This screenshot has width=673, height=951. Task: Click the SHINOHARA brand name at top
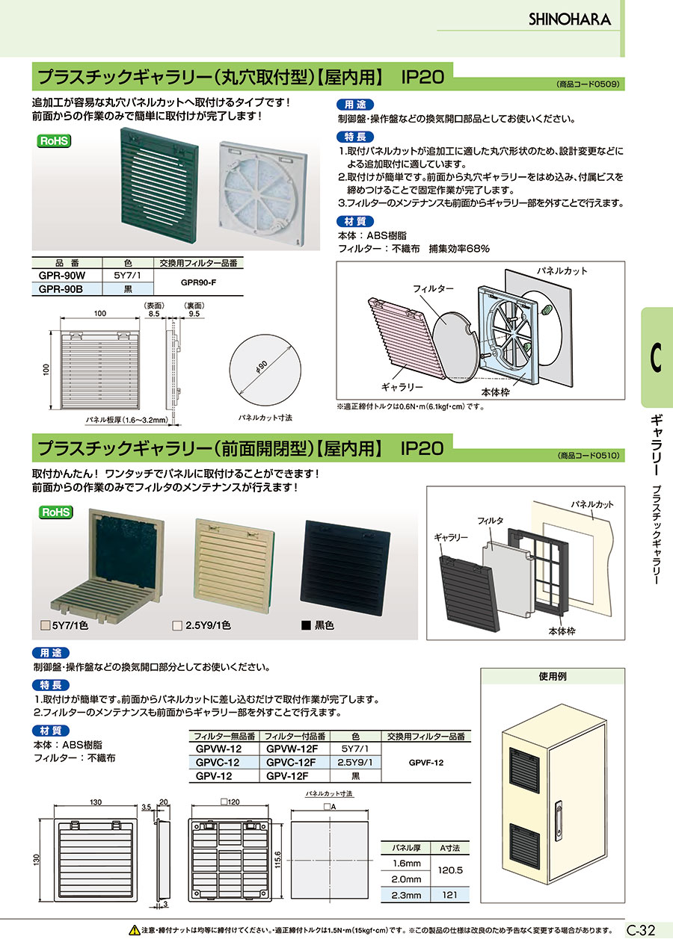570,19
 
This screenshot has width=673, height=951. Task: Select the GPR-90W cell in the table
62,276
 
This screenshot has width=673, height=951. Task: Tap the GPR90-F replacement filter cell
198,282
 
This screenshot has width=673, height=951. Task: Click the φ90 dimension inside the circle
262,367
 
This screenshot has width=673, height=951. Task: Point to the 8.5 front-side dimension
154,314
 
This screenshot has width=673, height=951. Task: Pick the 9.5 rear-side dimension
194,314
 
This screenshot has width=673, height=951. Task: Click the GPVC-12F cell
291,763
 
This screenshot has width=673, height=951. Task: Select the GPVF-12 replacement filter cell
426,763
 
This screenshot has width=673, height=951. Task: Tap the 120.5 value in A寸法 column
450,870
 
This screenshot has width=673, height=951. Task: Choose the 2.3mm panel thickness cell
406,895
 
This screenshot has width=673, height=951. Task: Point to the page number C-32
641,931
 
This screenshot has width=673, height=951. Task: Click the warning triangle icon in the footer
135,931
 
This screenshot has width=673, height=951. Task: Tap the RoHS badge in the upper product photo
54,141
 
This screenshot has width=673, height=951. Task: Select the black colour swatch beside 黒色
306,625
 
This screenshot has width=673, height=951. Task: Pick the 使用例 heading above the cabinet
553,676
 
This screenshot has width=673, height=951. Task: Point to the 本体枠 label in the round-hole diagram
495,392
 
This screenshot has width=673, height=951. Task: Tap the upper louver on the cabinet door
524,773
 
